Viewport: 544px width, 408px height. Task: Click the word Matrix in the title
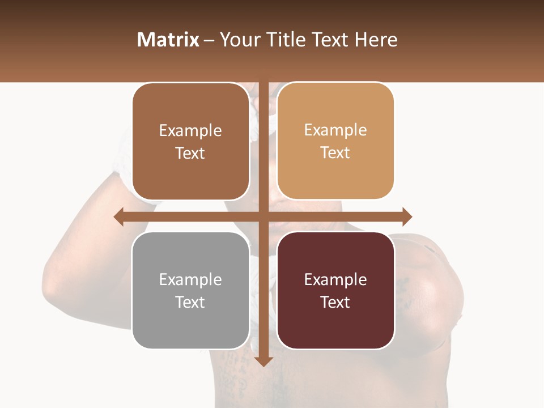(168, 40)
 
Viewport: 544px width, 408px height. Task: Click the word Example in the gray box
(190, 279)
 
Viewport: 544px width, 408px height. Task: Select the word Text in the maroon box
(335, 302)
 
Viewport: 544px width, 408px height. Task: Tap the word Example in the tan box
(335, 130)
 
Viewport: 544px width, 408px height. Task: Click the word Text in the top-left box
(190, 153)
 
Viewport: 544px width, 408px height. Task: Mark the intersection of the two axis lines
(263, 216)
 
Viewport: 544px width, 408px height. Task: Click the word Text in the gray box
(190, 302)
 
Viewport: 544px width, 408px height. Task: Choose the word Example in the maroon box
(335, 279)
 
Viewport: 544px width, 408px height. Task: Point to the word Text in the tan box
(335, 152)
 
